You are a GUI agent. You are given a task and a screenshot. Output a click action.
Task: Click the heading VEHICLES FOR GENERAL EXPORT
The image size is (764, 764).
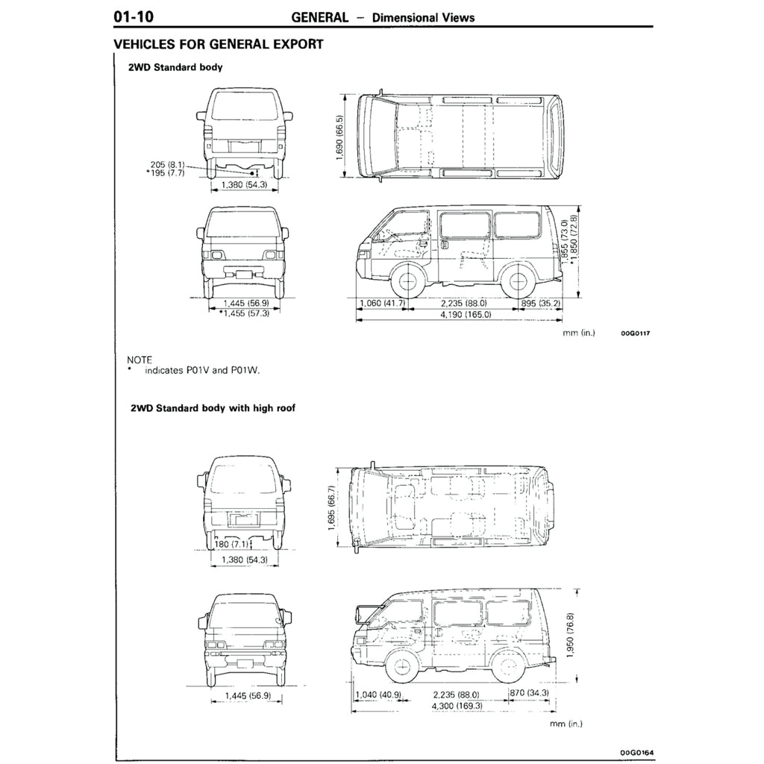click(x=218, y=44)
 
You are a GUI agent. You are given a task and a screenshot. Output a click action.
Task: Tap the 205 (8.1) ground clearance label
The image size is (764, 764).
click(x=167, y=164)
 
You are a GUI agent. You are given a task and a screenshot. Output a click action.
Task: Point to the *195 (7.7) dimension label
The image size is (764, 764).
click(x=166, y=172)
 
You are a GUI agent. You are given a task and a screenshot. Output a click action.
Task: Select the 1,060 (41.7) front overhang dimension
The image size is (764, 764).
click(x=382, y=303)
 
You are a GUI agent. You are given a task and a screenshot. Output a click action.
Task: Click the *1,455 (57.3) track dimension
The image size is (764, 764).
click(x=244, y=313)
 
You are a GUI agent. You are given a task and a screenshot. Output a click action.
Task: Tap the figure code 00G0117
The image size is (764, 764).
click(x=636, y=334)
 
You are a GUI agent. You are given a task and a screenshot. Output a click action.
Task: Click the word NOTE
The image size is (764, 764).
click(x=140, y=360)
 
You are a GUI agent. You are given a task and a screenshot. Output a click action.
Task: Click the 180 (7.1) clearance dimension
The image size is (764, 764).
click(x=231, y=544)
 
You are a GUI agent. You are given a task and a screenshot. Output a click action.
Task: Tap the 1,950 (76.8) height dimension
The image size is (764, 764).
click(x=571, y=634)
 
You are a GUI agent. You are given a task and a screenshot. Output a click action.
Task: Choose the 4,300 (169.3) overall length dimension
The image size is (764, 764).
click(x=457, y=706)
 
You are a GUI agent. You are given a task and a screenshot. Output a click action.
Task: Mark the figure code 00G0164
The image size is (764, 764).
click(x=636, y=754)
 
